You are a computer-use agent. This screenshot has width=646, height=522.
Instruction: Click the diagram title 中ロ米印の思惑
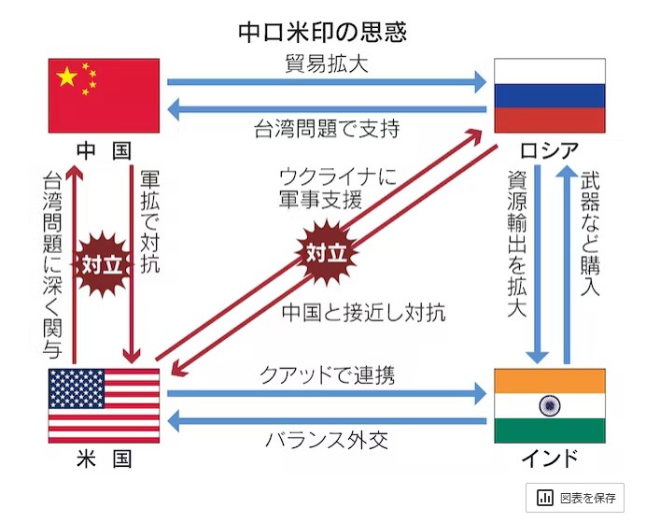coord(322,32)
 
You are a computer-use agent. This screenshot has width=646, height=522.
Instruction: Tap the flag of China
coord(104,95)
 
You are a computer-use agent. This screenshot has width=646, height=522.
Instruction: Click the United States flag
coord(104,405)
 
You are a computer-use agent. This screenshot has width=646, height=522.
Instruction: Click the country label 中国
coord(103,150)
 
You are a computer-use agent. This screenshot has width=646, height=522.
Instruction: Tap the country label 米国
coord(103,459)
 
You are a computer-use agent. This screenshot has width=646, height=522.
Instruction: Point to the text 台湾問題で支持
coord(327,129)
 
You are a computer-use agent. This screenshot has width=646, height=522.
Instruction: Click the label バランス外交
coord(327,439)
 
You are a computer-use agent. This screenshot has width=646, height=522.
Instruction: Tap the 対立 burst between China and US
coord(103,263)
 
